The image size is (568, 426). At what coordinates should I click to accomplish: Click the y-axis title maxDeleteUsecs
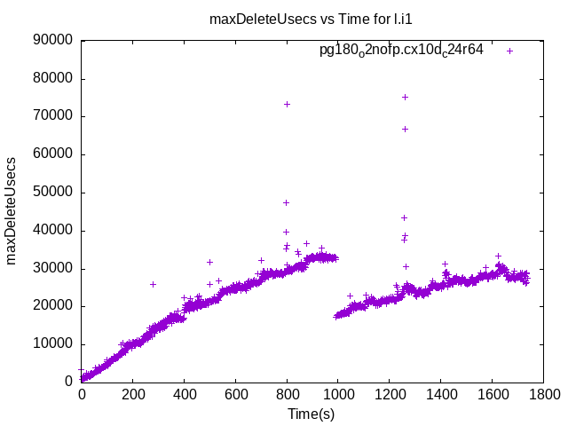(12, 211)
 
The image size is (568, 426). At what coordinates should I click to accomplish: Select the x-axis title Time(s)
(311, 414)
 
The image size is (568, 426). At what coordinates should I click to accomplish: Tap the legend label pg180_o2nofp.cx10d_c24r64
(401, 51)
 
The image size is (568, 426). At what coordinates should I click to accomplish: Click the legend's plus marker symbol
(509, 51)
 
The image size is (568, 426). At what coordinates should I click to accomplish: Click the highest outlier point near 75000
(405, 97)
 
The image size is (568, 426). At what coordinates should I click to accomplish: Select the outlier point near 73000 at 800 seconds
(287, 104)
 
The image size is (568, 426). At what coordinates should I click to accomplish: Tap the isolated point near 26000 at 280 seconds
(153, 284)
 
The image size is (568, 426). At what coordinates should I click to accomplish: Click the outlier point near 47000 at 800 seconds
(286, 202)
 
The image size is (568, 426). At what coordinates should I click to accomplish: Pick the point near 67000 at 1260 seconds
(405, 129)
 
